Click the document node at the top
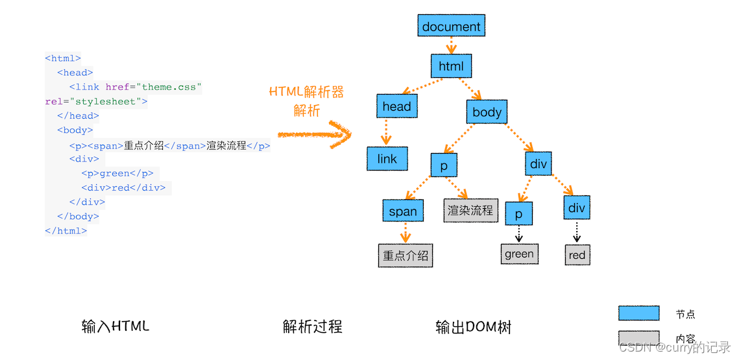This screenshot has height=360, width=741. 451,27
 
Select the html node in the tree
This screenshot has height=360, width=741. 451,66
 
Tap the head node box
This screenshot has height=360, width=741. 396,106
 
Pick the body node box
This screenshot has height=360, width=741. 487,112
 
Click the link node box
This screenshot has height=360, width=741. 387,159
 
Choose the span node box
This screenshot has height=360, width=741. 403,211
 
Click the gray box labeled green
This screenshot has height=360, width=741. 519,254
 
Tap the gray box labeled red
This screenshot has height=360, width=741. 577,255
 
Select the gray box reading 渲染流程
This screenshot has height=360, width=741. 470,210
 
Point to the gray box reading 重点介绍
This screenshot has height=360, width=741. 406,256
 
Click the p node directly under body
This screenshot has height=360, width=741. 444,165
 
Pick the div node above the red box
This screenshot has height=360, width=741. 576,208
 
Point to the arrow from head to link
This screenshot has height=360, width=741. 387,132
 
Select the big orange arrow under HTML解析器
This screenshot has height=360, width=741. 315,134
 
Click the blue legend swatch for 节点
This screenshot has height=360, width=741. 638,313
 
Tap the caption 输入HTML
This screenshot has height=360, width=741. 115,326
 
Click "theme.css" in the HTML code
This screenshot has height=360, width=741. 171,87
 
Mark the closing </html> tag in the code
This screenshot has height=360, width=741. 66,231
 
